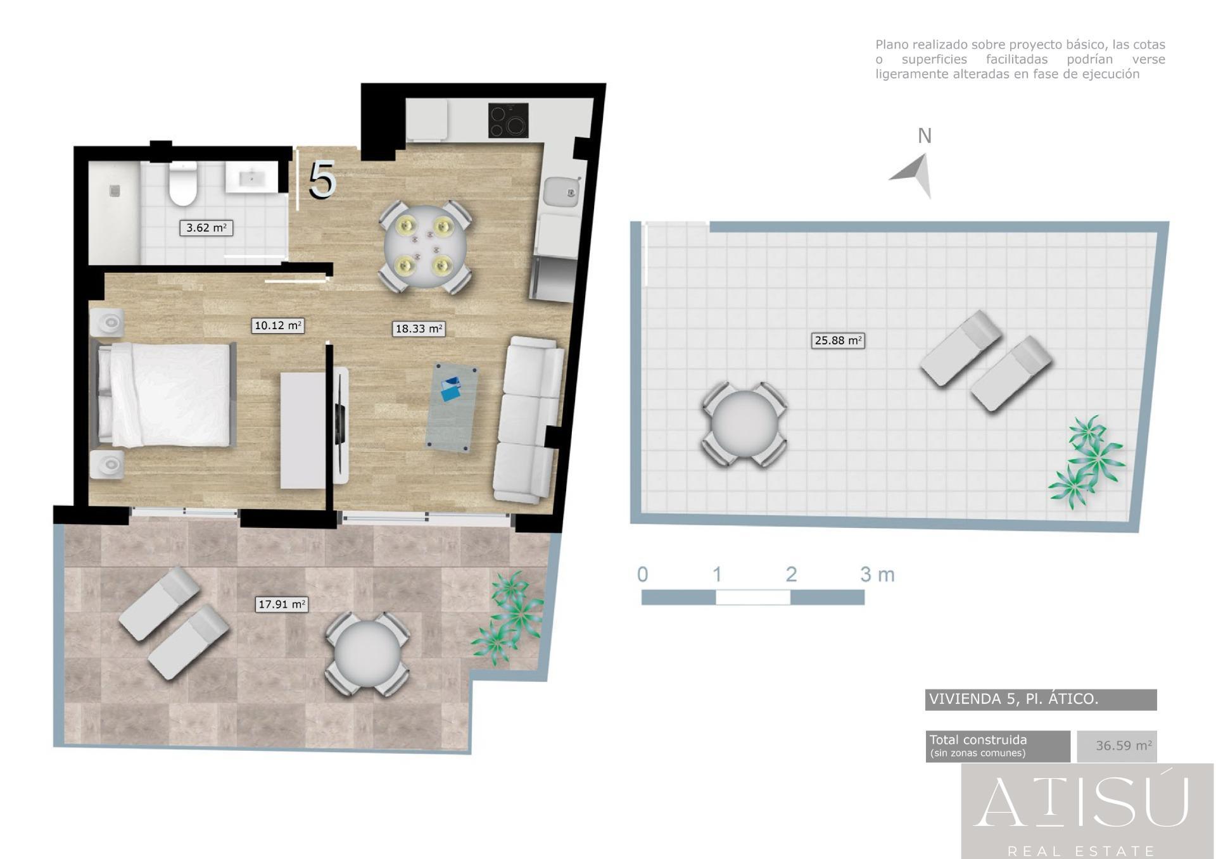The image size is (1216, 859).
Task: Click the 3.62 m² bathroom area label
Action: tap(206, 228)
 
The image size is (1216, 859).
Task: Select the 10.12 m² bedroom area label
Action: tap(278, 326)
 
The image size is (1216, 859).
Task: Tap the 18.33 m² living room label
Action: tap(419, 329)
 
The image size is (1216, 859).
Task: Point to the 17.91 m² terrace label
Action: tap(282, 605)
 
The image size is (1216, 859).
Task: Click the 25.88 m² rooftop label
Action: tap(838, 341)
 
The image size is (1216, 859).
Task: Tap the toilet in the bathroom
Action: tap(183, 183)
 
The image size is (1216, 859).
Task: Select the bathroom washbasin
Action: tap(251, 177)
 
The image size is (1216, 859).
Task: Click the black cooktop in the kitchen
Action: tap(508, 120)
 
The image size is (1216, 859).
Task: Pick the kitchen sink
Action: tap(562, 192)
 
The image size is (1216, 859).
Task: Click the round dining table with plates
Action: tap(424, 247)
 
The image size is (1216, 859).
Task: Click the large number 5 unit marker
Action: tap(322, 180)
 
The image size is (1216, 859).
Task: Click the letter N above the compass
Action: tap(925, 136)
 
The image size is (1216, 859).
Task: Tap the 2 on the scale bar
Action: tap(791, 574)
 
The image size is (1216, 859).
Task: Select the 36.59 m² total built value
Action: tap(1124, 746)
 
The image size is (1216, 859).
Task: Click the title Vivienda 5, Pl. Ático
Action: tap(1013, 699)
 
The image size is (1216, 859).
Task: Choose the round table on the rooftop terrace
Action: tap(744, 425)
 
